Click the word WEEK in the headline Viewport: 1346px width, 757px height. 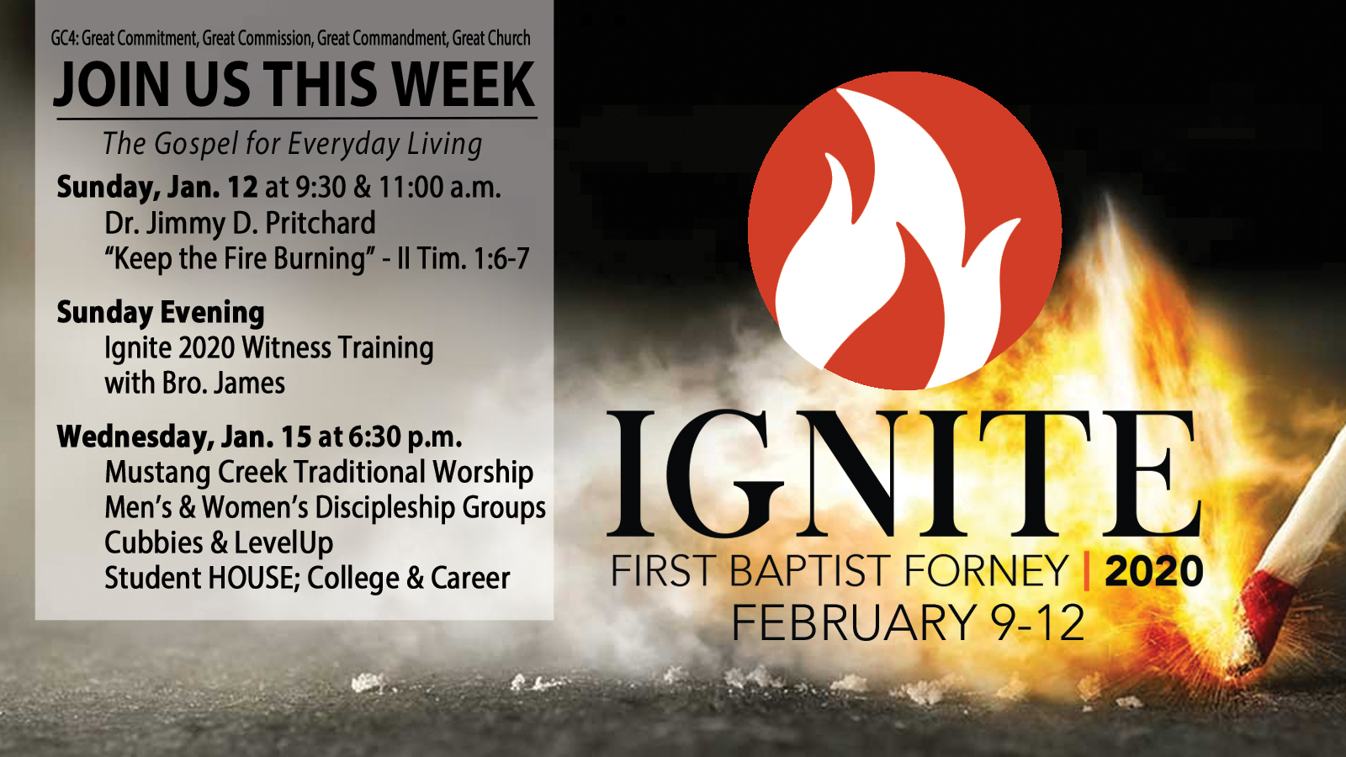point(463,85)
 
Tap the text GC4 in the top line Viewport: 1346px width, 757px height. point(64,39)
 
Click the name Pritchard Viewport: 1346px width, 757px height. point(320,224)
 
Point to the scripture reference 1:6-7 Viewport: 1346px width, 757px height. point(501,259)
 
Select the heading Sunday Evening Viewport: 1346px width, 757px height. point(161,313)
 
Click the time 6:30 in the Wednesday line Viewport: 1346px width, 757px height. point(374,437)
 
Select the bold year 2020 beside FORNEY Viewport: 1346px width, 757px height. point(1153,572)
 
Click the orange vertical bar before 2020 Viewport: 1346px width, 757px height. point(1086,572)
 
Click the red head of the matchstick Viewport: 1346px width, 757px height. point(1269,610)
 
